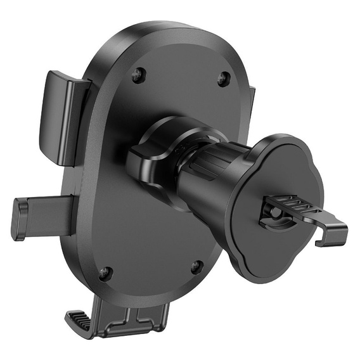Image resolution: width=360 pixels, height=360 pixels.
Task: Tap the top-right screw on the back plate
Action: [223, 79]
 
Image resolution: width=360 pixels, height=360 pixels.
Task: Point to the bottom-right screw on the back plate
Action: [197, 266]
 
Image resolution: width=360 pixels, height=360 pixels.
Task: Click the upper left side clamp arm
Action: [64, 117]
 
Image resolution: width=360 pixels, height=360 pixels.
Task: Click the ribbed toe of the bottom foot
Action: [77, 319]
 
